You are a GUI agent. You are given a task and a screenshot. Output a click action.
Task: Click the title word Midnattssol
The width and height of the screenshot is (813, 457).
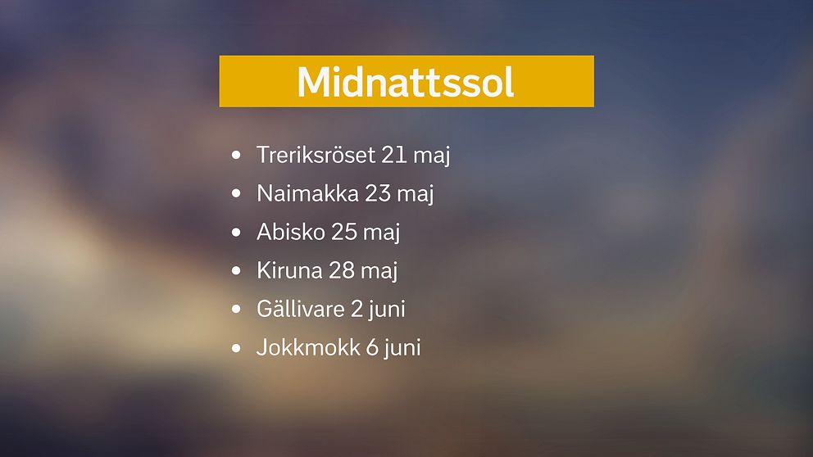point(406,82)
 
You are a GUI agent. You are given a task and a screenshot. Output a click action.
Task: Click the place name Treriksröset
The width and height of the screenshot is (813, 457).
point(316,155)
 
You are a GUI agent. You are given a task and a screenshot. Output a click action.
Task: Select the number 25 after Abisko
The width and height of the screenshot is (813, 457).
point(344,233)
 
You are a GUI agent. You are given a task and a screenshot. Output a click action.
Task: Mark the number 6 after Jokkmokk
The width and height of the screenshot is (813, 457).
point(372,348)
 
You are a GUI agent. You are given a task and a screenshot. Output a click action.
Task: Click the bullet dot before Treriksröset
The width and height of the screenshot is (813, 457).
point(237,155)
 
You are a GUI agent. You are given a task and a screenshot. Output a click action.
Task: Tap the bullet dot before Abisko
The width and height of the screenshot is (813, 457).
point(237,233)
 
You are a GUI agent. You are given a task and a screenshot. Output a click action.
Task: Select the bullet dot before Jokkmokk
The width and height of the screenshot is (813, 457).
point(237,348)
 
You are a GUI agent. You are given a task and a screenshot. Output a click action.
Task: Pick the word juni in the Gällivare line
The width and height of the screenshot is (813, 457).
point(387,310)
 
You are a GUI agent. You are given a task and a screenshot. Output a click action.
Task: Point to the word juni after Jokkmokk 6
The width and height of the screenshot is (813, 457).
point(402,348)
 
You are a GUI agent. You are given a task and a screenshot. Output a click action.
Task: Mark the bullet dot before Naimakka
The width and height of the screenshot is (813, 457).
point(237,194)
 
